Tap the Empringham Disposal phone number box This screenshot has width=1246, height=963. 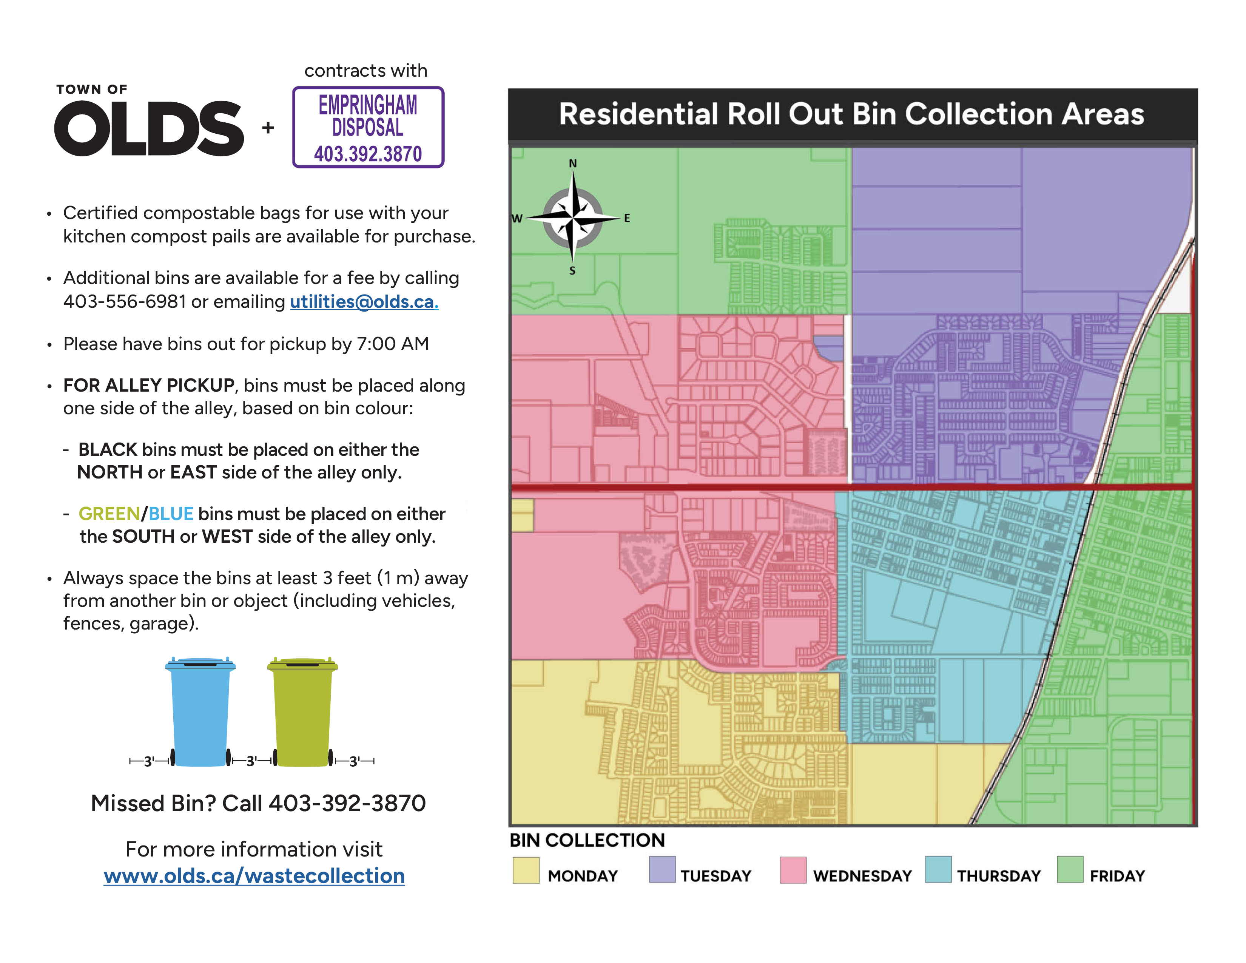(368, 127)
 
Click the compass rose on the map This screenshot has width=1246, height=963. (572, 218)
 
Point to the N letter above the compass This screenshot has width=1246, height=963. (573, 164)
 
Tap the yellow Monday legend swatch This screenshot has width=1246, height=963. (526, 870)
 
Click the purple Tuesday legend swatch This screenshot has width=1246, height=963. (662, 869)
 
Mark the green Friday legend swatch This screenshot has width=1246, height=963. (1070, 869)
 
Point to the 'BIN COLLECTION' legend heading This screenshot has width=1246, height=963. (587, 840)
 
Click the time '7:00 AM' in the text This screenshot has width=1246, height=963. (393, 344)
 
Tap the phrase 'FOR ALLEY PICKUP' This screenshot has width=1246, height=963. (149, 386)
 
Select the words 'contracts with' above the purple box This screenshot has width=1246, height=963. (366, 70)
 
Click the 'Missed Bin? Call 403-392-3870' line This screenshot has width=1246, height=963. (258, 803)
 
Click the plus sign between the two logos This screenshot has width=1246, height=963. (268, 127)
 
